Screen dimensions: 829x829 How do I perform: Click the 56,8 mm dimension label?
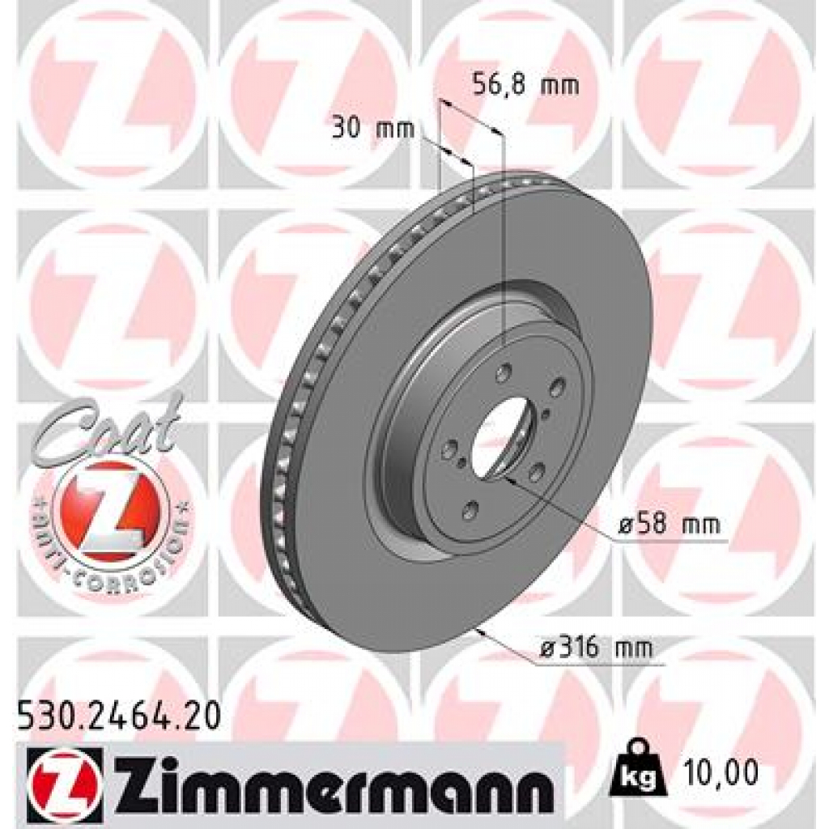[525, 83]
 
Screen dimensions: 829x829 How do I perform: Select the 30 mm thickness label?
[372, 128]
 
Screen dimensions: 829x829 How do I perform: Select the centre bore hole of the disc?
[495, 438]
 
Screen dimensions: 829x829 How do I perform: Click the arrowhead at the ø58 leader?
[506, 478]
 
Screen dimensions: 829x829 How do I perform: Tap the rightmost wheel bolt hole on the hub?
[557, 389]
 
